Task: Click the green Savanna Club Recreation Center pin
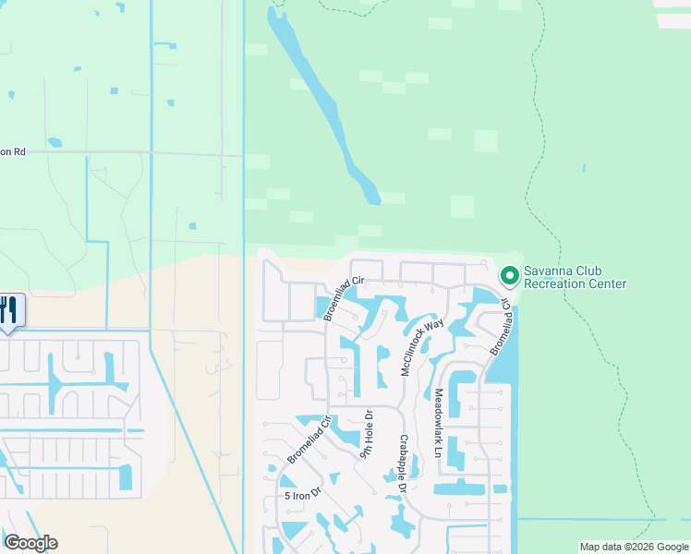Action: (x=509, y=275)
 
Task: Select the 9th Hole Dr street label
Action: (x=367, y=434)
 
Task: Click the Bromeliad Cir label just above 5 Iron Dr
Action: (x=309, y=440)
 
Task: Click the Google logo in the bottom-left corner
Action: (x=30, y=543)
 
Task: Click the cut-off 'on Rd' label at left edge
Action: (x=11, y=151)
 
